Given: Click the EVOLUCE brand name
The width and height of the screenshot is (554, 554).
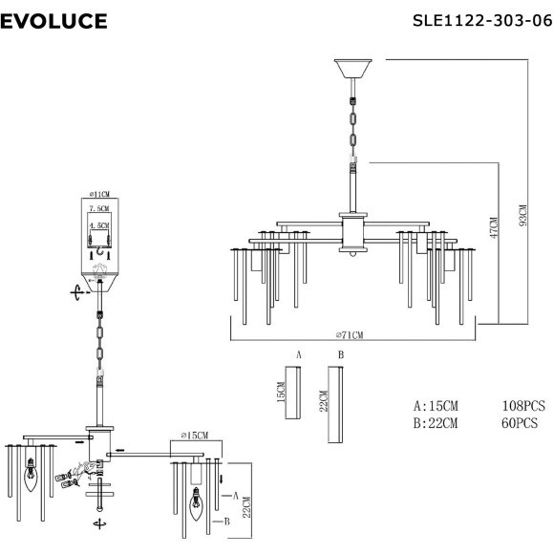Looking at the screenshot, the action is pos(53,21).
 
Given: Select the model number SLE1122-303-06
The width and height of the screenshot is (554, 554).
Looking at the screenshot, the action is pos(482,20).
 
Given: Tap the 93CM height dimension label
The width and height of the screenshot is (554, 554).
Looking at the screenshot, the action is pos(523,215).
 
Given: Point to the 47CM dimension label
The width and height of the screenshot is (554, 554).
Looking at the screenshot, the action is pos(494,227).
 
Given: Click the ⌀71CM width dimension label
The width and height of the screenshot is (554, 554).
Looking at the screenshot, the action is pos(350,334).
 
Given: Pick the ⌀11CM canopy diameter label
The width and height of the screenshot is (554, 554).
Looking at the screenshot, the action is pos(99,194).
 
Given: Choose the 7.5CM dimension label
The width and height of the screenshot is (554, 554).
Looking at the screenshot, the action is pos(99,208).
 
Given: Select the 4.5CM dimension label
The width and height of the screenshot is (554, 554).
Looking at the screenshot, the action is pos(99,225).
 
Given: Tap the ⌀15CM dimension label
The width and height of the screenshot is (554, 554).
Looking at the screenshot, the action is pos(195,436).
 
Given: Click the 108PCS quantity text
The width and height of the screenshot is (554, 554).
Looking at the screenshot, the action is pos(523,406).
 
